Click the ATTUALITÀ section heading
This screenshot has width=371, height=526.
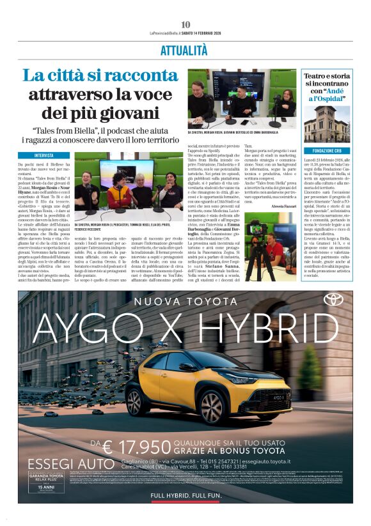click(x=185, y=50)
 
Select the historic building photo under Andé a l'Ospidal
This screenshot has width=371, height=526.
click(x=326, y=124)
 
